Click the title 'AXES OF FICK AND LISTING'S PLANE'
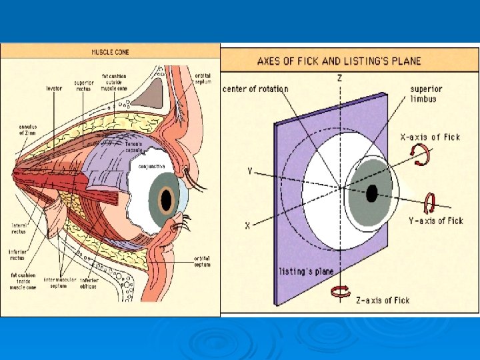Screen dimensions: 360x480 339,61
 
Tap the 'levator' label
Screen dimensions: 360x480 54,87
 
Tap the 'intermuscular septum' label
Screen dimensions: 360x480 60,283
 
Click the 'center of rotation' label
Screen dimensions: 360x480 255,89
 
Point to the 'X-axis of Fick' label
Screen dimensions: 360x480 429,137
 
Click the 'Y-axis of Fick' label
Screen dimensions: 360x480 436,221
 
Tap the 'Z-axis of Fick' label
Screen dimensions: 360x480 382,301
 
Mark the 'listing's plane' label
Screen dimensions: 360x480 307,271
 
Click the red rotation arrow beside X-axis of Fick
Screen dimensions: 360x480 421,156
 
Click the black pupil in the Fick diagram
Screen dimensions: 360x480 371,193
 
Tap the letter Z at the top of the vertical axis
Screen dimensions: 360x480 340,79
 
